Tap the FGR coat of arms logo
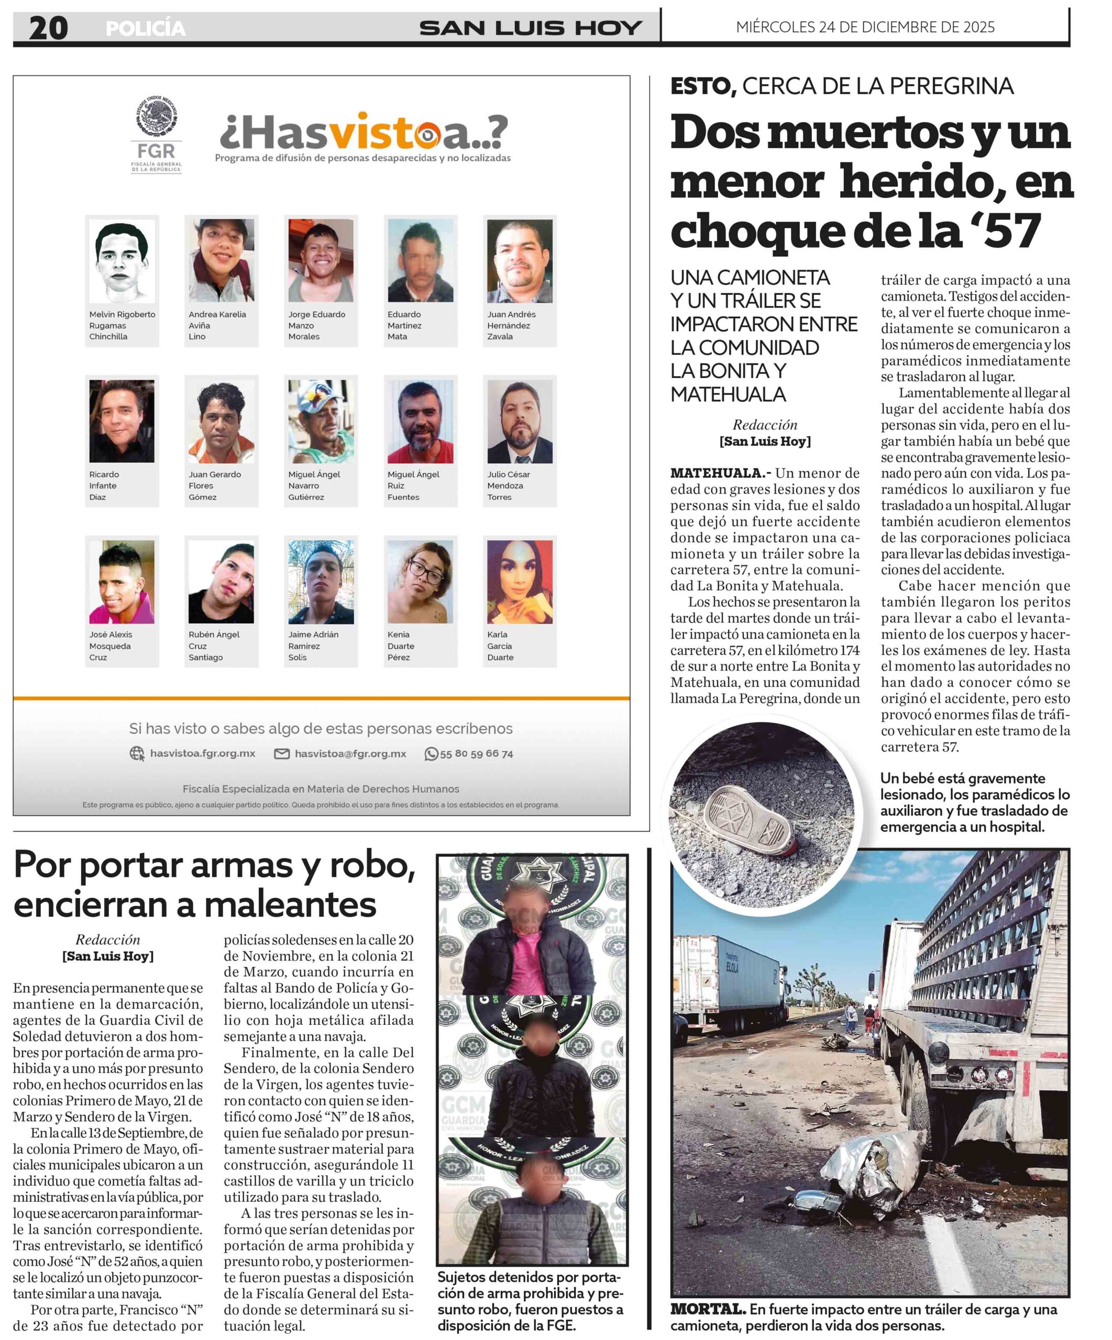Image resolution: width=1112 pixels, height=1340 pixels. coord(157,117)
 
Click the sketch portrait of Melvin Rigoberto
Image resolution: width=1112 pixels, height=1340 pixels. coord(122,261)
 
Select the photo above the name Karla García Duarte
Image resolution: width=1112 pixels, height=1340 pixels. coord(520,582)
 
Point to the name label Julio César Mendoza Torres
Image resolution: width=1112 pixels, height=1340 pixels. coord(509,486)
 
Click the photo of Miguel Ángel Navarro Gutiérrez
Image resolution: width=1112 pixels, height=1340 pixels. coord(321,421)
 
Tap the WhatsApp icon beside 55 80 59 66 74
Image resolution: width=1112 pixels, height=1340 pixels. coord(432,754)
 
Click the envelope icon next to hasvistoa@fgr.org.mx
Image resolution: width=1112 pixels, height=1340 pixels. coord(281,754)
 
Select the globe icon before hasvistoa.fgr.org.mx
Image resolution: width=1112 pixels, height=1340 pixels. coord(137,754)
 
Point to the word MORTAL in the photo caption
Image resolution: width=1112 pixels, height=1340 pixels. coord(707,1309)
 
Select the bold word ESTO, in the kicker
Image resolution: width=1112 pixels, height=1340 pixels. coord(703,86)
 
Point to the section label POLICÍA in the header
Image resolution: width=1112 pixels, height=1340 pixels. coord(146,29)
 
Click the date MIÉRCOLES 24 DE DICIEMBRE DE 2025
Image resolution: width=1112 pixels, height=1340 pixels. coord(865,27)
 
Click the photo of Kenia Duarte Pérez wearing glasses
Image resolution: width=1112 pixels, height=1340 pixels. coord(420,582)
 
